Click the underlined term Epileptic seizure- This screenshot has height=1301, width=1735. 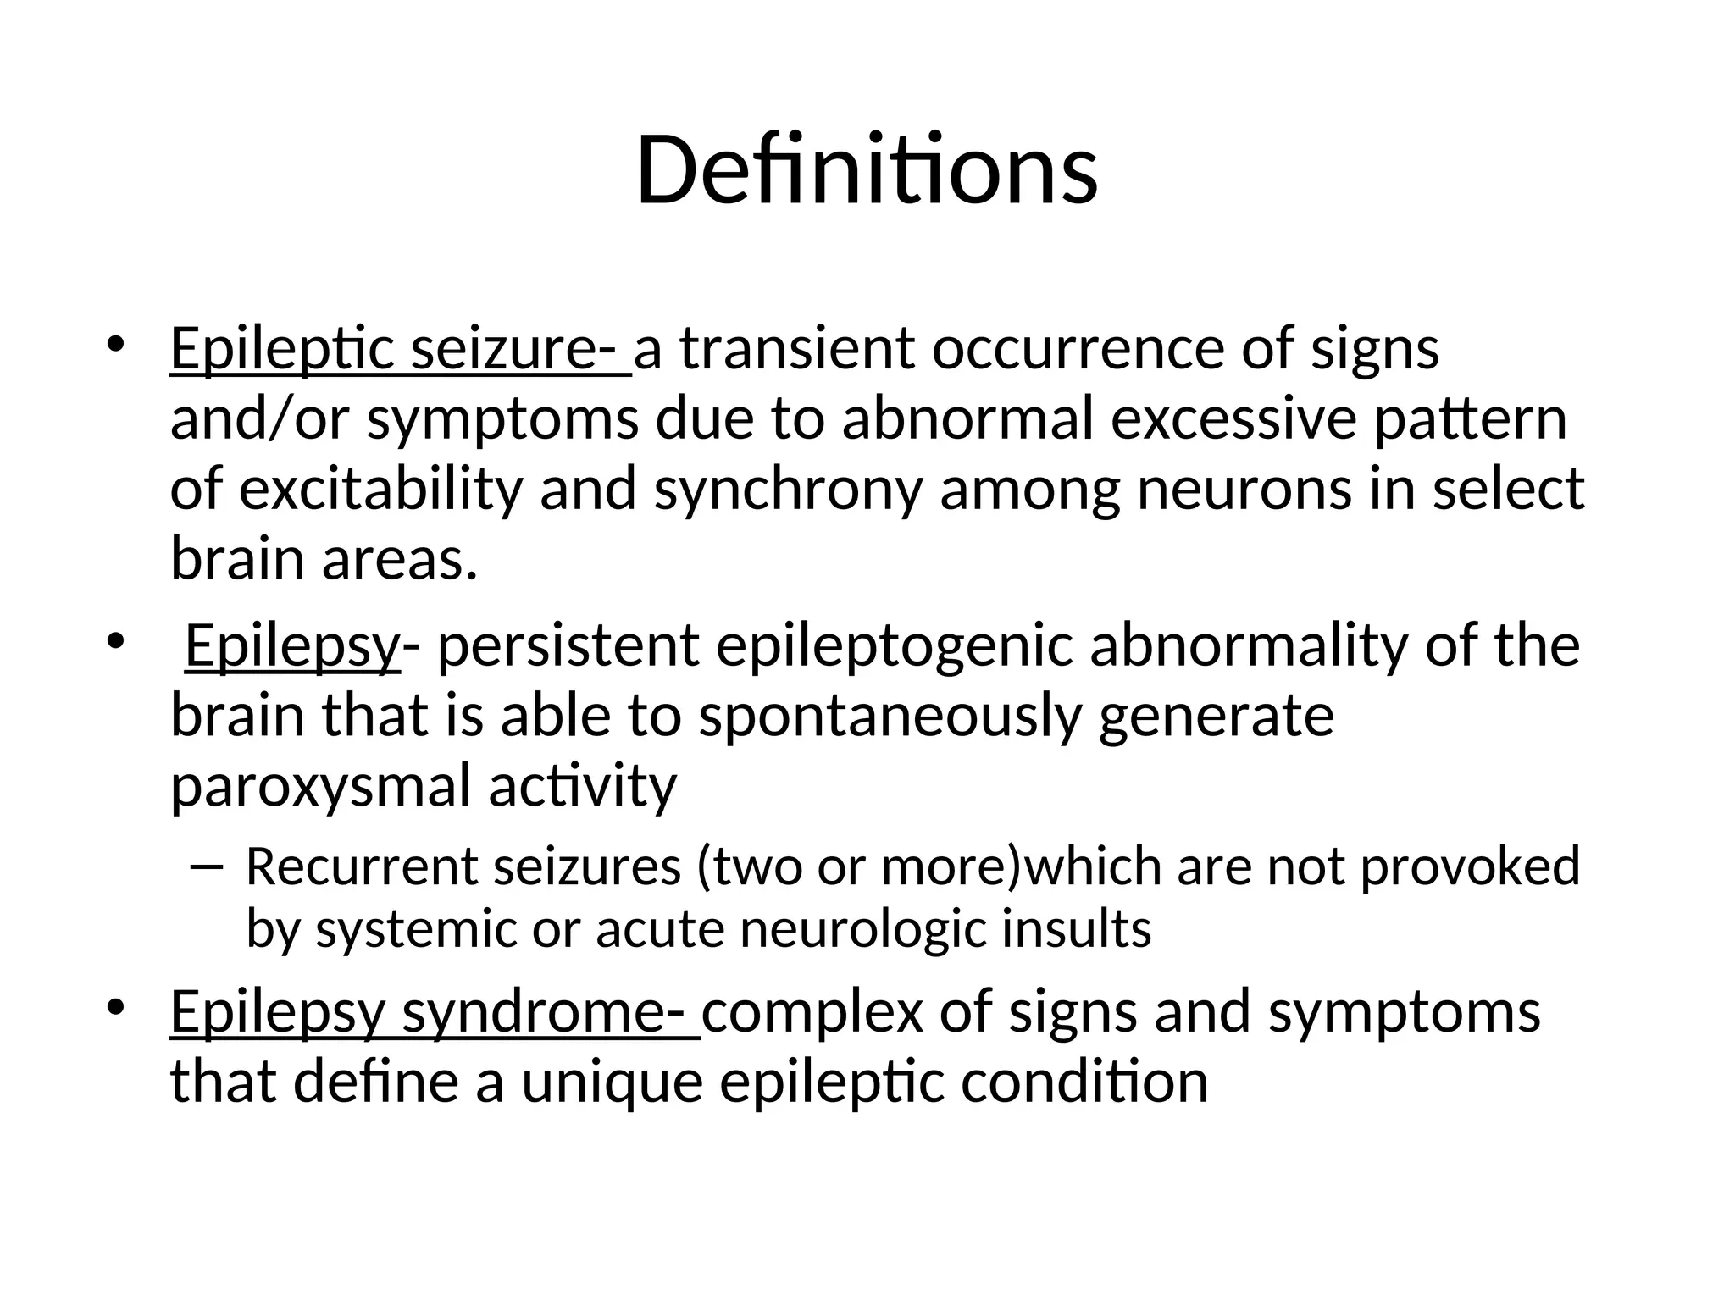click(400, 349)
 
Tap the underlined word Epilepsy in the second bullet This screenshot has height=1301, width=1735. click(291, 646)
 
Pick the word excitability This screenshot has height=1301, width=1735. click(380, 490)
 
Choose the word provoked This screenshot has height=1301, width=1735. click(1470, 868)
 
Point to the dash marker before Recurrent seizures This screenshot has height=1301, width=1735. click(206, 866)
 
